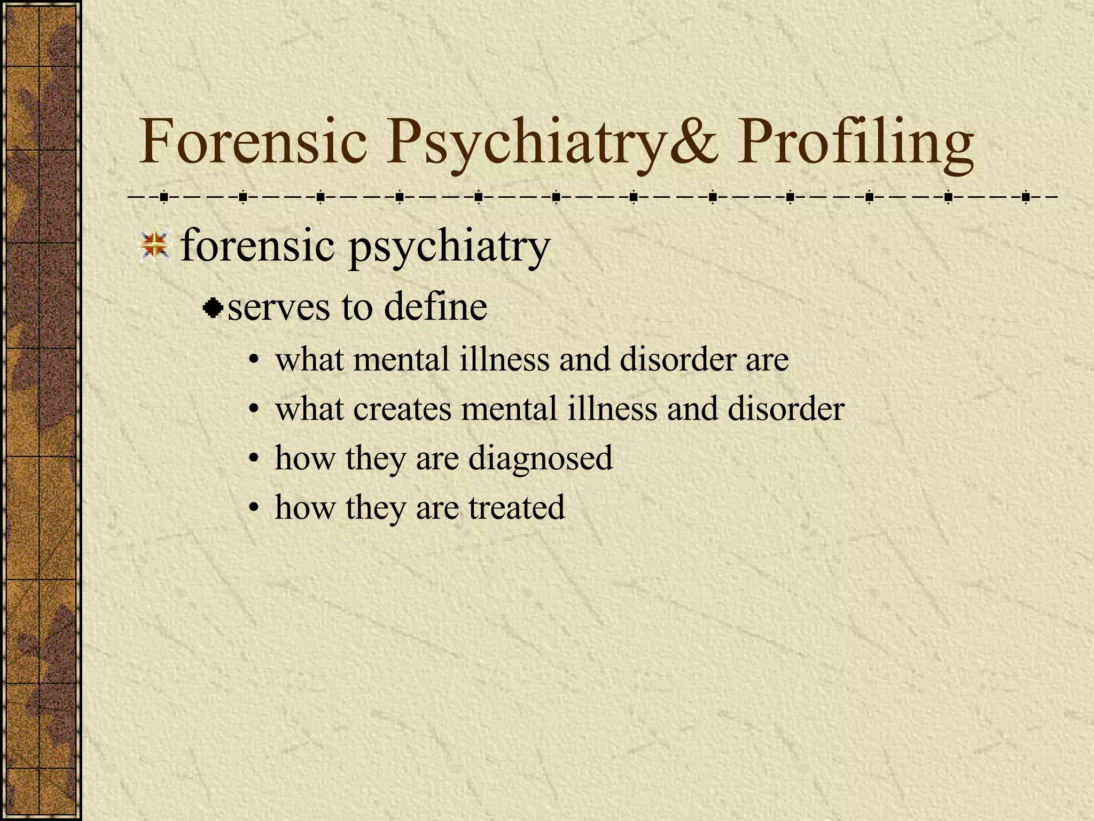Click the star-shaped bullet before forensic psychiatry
click(155, 246)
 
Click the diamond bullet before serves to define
click(214, 308)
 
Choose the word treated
click(516, 507)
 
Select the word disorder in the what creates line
click(786, 409)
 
